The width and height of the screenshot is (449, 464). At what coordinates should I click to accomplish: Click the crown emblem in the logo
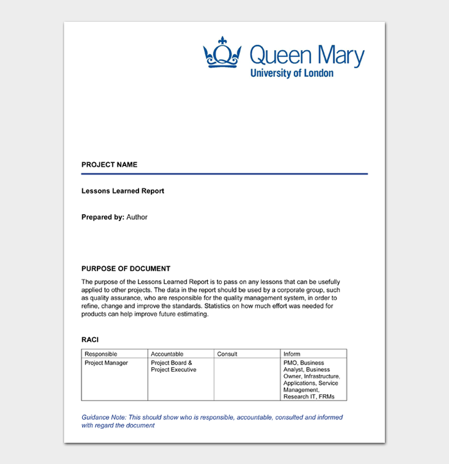tap(222, 53)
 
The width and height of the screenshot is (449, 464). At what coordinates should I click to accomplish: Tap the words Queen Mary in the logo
tap(307, 56)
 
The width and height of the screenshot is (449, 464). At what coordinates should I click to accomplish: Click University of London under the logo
tap(292, 74)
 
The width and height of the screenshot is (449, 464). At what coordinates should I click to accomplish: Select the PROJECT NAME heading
tap(109, 165)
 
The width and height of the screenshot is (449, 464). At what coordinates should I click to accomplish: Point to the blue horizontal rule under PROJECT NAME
tap(224, 174)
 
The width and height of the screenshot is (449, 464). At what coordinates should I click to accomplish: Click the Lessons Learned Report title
tap(123, 191)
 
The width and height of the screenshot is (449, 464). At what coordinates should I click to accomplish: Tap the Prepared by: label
tap(103, 217)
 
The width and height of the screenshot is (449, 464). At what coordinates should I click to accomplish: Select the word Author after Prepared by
tap(137, 217)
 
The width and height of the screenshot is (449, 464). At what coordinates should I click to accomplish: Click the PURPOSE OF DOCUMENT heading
tap(126, 269)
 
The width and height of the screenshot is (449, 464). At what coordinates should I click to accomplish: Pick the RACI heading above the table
tap(90, 340)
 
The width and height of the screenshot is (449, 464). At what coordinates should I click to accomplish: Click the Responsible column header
tap(101, 354)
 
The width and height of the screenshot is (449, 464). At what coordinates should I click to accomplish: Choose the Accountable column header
tap(167, 354)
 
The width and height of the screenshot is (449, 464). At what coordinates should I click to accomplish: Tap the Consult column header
tap(227, 354)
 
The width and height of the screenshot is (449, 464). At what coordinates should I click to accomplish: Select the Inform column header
tap(291, 354)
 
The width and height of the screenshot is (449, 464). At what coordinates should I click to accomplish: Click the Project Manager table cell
tap(106, 363)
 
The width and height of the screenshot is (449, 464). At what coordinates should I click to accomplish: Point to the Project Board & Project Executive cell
tap(173, 367)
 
